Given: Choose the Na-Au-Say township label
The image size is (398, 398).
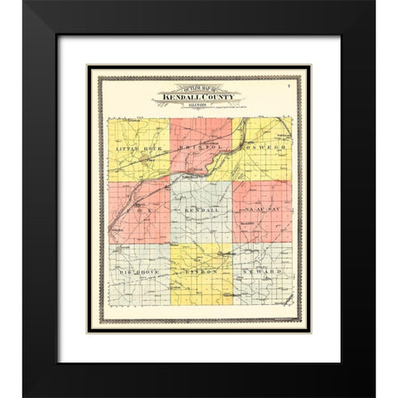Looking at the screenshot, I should point(265,213).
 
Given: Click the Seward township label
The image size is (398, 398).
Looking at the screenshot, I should point(265,272).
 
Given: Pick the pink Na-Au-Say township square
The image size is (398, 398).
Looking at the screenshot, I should point(265,199).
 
